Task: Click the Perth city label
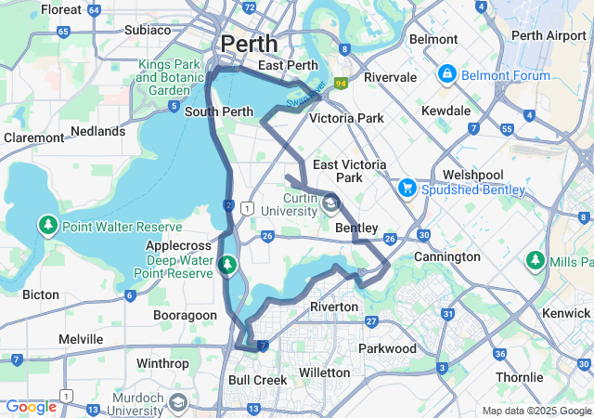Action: point(249,43)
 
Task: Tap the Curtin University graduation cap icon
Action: point(331,202)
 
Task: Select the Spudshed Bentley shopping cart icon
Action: point(406,188)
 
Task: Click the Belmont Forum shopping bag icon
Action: point(446,72)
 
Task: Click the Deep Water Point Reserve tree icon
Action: point(227,268)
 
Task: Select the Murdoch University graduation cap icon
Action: point(178,403)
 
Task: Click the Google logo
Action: point(31,407)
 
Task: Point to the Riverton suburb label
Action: point(334,307)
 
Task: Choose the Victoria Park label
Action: point(346,119)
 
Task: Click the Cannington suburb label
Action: point(447,256)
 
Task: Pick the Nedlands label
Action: point(97,132)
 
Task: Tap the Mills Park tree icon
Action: point(536,259)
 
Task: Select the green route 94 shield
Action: point(342,84)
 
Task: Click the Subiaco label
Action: point(148,30)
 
